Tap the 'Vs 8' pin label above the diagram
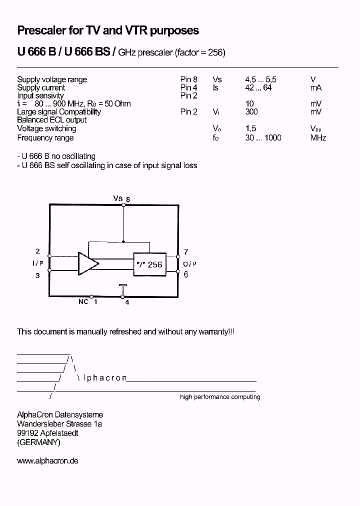tap(121, 198)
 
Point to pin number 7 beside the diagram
tap(185, 252)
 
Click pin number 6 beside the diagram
tap(185, 274)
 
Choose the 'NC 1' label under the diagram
tap(87, 301)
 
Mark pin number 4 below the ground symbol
tap(127, 302)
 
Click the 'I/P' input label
tap(37, 263)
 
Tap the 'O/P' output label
tap(189, 263)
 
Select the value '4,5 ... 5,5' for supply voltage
tap(260, 79)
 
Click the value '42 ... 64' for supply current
tap(258, 88)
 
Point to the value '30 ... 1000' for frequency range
tap(263, 138)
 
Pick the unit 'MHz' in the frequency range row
tap(318, 138)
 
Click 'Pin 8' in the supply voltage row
tap(188, 79)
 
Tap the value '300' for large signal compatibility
tap(251, 112)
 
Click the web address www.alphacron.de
tap(47, 460)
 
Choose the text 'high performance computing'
tap(220, 397)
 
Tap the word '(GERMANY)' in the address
tap(38, 442)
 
